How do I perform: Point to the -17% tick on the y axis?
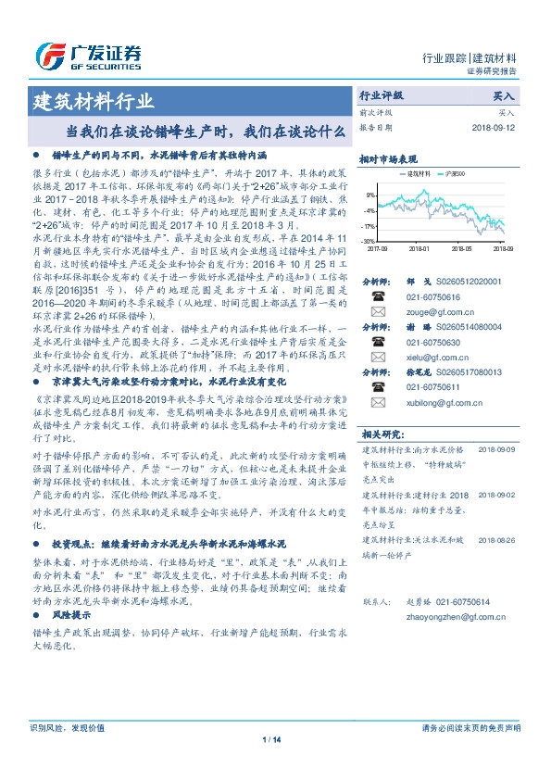tap(369, 225)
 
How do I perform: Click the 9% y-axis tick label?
tap(371, 195)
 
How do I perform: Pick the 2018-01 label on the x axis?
tap(420, 248)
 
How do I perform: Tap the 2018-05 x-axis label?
tap(461, 248)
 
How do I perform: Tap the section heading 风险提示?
tap(71, 614)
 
